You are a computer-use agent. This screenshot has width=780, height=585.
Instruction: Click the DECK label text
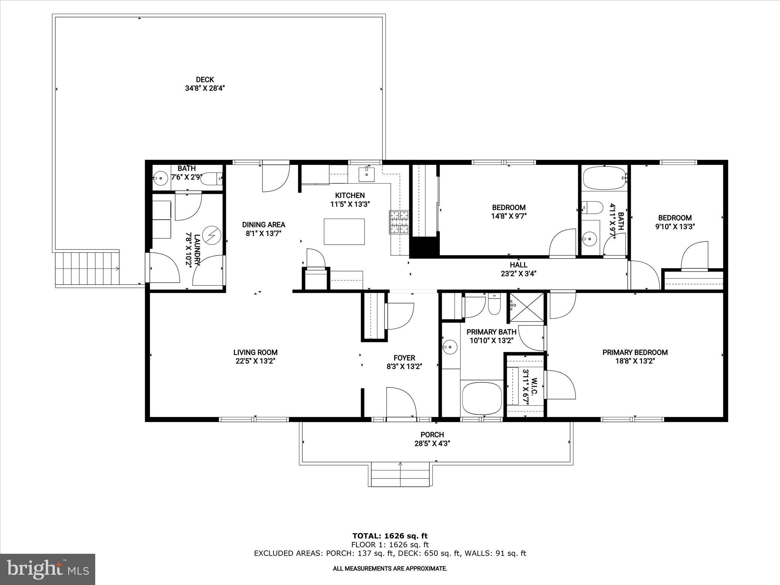click(205, 80)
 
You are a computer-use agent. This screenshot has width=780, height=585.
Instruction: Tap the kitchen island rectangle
click(344, 231)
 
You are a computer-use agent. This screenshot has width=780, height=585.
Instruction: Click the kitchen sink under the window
click(366, 174)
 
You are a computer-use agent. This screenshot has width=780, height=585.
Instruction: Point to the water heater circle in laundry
click(211, 235)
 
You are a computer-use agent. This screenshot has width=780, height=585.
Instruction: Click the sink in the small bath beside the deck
click(161, 177)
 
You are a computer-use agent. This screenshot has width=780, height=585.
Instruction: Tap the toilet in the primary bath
click(494, 305)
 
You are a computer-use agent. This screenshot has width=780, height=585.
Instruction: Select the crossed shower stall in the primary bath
click(527, 307)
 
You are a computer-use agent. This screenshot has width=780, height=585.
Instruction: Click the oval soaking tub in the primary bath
click(481, 399)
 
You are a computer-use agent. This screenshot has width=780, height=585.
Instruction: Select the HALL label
click(519, 265)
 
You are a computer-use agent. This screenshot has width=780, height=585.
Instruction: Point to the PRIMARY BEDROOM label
click(635, 352)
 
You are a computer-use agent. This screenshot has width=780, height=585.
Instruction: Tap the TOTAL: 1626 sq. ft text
click(390, 536)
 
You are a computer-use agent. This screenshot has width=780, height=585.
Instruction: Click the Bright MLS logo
click(48, 569)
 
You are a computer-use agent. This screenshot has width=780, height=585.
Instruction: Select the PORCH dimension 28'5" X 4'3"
click(432, 443)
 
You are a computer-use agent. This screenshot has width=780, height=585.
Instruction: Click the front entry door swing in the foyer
click(401, 403)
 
